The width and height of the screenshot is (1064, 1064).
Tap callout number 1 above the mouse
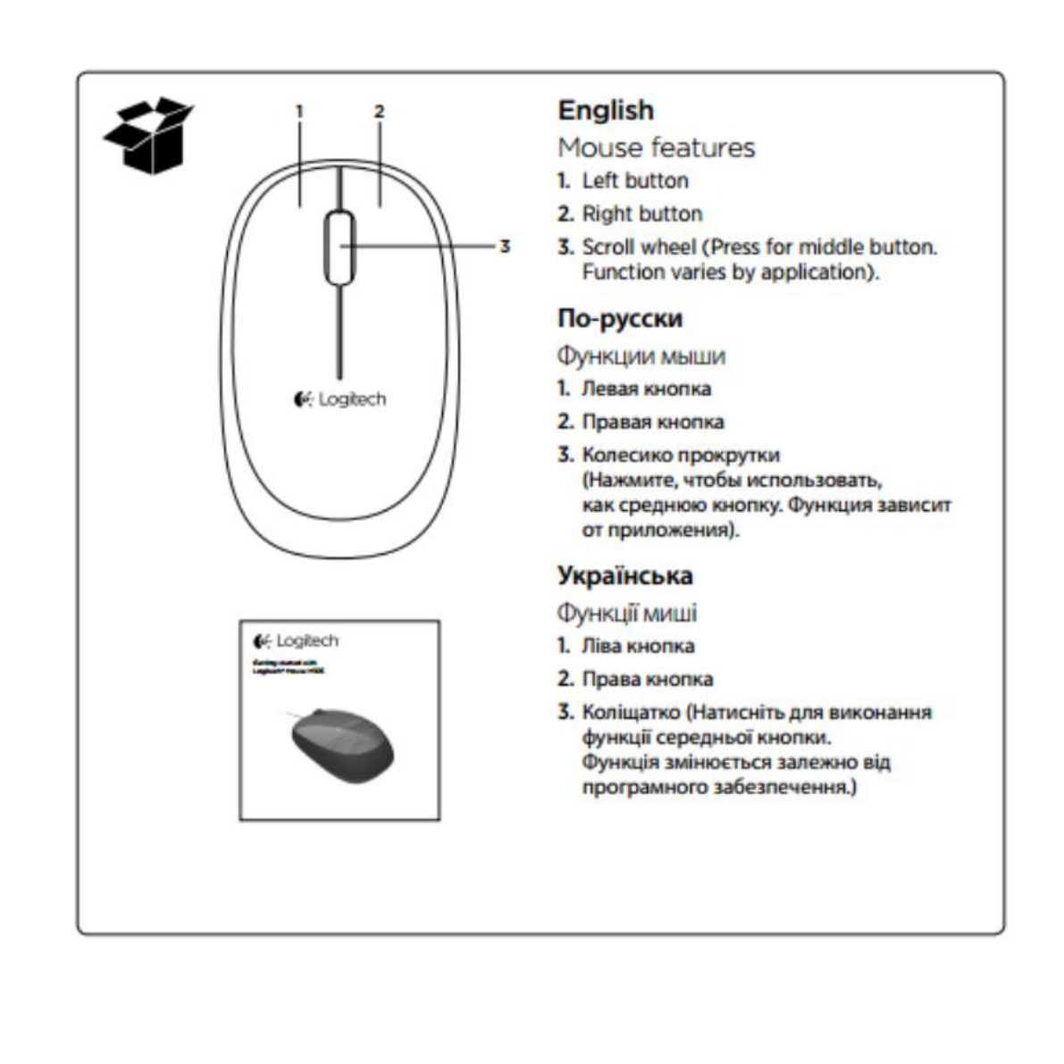coord(300,112)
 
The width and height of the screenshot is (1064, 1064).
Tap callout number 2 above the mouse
coord(379,112)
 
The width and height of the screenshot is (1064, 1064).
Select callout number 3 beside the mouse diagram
coord(505,246)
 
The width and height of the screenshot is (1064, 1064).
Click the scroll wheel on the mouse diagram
coord(339,247)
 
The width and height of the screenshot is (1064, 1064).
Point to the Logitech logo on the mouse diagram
coord(340,399)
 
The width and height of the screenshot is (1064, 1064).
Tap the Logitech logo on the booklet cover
coord(297,641)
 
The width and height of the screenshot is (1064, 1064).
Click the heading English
coord(606,110)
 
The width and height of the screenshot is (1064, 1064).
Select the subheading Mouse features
coord(657,147)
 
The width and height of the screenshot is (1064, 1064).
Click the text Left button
coord(635,180)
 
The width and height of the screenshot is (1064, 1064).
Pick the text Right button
coord(642,214)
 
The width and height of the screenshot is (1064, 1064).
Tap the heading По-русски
coord(620,318)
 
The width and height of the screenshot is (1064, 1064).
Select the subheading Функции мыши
coord(641,356)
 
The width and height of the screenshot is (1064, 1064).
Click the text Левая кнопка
coord(647,389)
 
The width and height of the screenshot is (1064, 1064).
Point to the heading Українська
coord(625,574)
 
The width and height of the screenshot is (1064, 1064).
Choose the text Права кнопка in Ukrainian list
coord(648,679)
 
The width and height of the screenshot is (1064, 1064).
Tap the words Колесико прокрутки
coord(681,455)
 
